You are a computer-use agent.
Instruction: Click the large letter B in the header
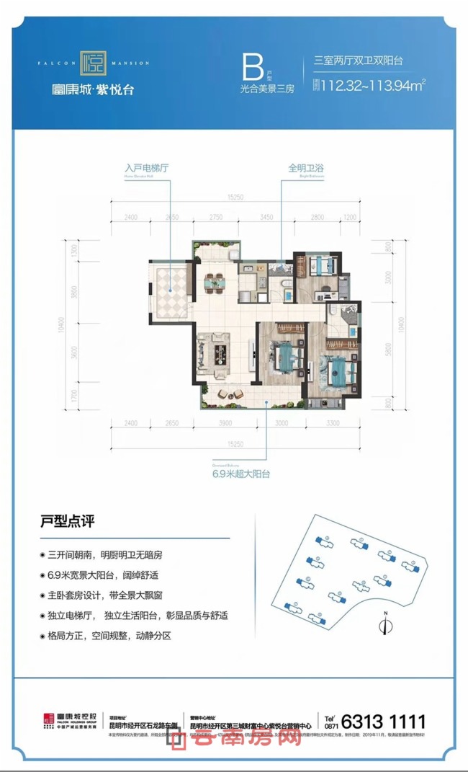(x=251, y=70)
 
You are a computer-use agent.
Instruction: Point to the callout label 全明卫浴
(x=305, y=168)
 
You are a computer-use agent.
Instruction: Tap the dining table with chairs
(x=214, y=285)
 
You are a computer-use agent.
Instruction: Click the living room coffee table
(x=218, y=354)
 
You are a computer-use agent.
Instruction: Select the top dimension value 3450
(x=266, y=216)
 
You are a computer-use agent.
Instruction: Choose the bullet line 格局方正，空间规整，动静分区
(x=109, y=637)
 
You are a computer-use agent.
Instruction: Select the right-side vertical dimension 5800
(x=390, y=352)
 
